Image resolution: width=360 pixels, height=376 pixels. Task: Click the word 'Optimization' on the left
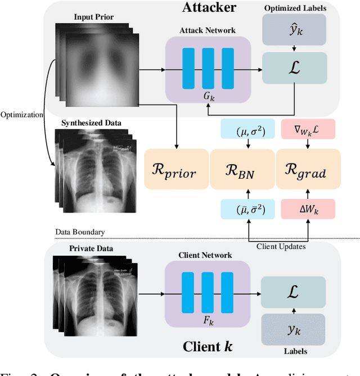click(22, 115)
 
